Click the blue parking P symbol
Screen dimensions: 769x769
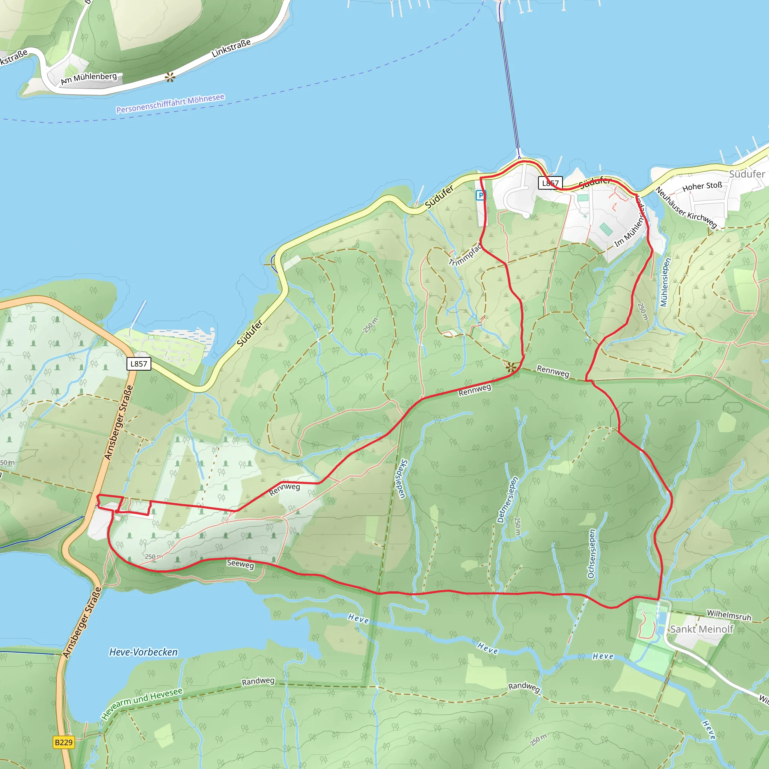click(x=480, y=195)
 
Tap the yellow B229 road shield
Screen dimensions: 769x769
click(x=64, y=742)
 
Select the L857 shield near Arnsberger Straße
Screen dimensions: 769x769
click(x=139, y=363)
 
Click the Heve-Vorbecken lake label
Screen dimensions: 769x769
click(x=143, y=652)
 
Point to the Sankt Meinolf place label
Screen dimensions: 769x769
click(x=701, y=629)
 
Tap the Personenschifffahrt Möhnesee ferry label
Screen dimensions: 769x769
click(x=170, y=104)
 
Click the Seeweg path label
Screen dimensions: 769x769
click(x=240, y=564)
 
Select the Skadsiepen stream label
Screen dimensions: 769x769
click(x=403, y=478)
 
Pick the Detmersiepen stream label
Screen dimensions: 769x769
click(x=508, y=499)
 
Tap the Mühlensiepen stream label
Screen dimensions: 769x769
click(x=665, y=282)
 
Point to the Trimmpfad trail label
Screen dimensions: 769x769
click(x=465, y=255)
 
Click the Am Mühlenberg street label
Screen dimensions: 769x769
click(x=89, y=78)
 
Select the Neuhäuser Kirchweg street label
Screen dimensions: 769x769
click(x=686, y=208)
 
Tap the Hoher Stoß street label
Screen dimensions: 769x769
click(x=702, y=186)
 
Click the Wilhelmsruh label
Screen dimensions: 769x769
click(x=729, y=615)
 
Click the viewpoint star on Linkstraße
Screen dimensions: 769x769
click(x=170, y=77)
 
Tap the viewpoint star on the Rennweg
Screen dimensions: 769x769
click(x=511, y=367)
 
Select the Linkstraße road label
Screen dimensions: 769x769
click(x=231, y=48)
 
